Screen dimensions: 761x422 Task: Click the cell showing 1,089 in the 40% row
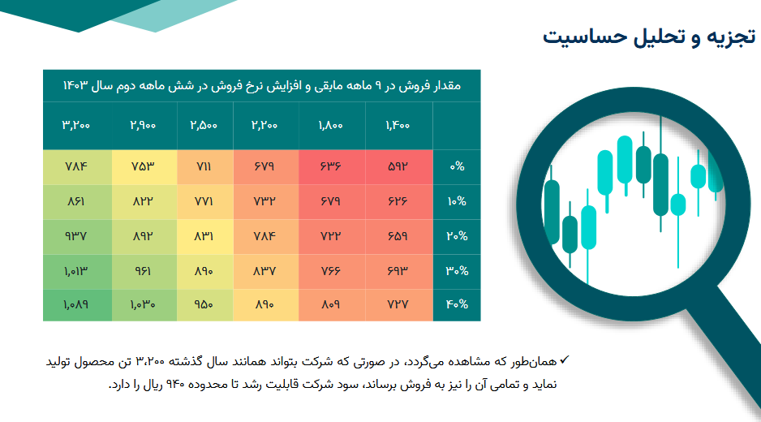[x=75, y=305]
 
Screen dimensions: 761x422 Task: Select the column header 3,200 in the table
[x=76, y=125]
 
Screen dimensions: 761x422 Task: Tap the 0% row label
[x=457, y=166]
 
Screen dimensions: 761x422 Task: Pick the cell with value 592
[x=398, y=166]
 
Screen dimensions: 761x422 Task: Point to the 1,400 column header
[x=398, y=125]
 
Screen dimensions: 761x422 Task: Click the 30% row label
[x=457, y=271]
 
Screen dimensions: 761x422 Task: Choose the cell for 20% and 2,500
[x=204, y=236]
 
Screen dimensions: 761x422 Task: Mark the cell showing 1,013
[x=75, y=271]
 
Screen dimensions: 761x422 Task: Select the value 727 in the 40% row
[x=398, y=305]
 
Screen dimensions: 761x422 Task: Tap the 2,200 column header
[x=264, y=125]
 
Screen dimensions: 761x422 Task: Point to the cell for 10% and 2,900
[x=143, y=201]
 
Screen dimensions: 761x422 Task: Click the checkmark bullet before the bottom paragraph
[x=564, y=360]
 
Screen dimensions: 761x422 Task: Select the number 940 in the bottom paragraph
[x=175, y=385]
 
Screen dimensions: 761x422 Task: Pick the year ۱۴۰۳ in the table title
[x=75, y=86]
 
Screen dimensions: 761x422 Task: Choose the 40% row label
[x=457, y=305]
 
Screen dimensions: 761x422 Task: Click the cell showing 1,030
[x=143, y=305]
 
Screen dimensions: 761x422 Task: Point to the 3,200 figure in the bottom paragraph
[x=150, y=362]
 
